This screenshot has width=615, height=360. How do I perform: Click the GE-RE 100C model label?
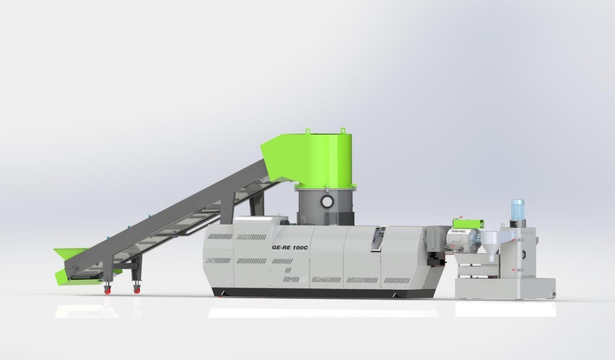coord(292,248)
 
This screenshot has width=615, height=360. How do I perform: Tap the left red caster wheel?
coord(107,290)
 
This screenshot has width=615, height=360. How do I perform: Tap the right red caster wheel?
coord(137,289)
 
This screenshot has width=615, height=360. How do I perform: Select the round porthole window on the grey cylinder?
coord(327,202)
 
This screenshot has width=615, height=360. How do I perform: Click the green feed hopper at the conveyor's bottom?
coord(72,265)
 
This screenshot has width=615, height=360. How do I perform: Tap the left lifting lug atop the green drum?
coord(307,133)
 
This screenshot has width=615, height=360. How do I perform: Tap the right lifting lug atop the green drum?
coord(342,131)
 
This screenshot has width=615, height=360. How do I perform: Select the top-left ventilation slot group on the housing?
coord(219,236)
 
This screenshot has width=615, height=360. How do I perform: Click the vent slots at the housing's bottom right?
coord(396,281)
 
